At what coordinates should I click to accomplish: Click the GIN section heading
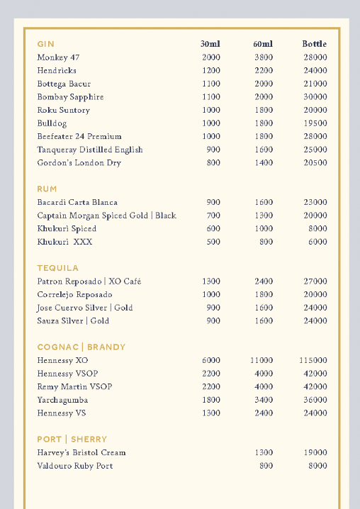46,44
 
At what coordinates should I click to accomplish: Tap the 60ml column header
263,44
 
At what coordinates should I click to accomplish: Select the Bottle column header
315,44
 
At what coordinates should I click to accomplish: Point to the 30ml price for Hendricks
211,71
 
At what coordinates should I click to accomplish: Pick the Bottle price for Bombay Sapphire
315,97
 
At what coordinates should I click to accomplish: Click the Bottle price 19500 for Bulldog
315,123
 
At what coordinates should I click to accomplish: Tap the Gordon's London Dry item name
79,163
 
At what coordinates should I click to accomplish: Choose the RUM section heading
47,189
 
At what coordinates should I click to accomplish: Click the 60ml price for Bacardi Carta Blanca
264,203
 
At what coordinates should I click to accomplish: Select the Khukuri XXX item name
64,242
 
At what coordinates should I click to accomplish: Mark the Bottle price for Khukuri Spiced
317,229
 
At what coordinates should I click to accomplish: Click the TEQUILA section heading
58,268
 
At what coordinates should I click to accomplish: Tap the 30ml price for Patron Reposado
211,281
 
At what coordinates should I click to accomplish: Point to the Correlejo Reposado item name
74,295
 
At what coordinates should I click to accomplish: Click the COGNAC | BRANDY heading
81,347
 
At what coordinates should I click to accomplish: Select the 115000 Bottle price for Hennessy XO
313,361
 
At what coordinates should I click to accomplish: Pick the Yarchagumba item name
62,401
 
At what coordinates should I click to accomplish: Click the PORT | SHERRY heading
72,440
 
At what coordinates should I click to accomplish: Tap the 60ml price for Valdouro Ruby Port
266,466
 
